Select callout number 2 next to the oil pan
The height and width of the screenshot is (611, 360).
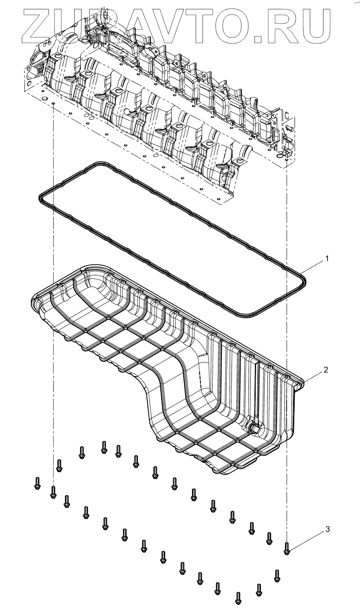[326, 370]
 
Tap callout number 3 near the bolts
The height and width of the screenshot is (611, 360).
[328, 529]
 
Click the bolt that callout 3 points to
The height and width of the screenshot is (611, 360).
[287, 549]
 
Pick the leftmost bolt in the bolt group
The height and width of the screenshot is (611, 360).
[37, 483]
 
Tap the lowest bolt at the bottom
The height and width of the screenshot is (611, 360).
[238, 597]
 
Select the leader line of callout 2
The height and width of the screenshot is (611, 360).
[316, 375]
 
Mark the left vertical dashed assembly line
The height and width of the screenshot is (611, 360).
[53, 284]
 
